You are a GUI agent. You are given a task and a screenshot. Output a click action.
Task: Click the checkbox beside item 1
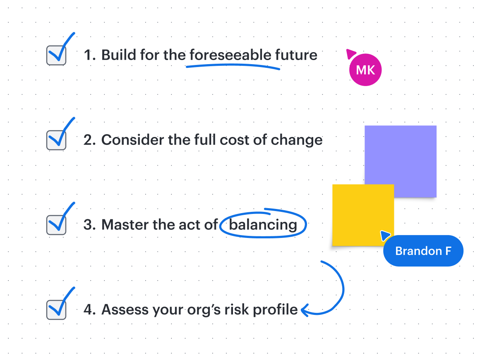tap(56, 55)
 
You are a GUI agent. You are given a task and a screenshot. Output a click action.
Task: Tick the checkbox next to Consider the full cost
tap(56, 140)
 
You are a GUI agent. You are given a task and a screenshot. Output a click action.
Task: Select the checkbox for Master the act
tap(56, 225)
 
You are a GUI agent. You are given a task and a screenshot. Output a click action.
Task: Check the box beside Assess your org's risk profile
tap(56, 310)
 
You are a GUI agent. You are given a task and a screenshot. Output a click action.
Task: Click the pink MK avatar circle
tap(365, 70)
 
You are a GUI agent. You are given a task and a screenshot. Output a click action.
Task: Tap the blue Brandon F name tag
tap(423, 251)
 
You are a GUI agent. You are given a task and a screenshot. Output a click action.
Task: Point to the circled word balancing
tap(263, 225)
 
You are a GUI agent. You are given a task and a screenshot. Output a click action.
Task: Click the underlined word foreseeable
tap(230, 55)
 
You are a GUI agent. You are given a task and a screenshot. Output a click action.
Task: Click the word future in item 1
tap(296, 55)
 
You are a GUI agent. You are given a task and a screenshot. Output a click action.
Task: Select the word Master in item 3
tap(125, 225)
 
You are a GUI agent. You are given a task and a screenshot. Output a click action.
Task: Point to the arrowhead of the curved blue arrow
tap(304, 310)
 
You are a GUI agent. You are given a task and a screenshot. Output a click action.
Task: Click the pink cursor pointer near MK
tap(350, 53)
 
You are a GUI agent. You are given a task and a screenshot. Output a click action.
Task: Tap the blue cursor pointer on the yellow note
tap(385, 235)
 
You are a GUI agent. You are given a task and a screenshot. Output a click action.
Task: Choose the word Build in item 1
tap(119, 55)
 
